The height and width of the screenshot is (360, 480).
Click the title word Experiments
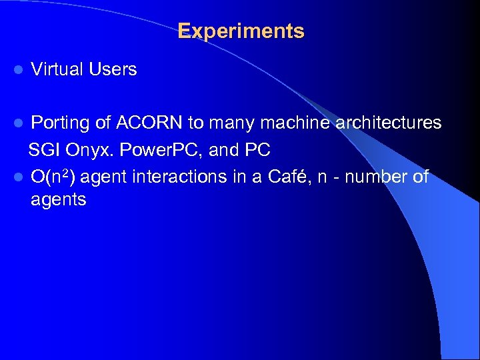pos(241,31)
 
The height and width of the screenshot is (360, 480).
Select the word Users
pos(112,69)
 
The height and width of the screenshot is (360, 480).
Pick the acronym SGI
pos(42,151)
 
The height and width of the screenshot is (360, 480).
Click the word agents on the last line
pos(58,200)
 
